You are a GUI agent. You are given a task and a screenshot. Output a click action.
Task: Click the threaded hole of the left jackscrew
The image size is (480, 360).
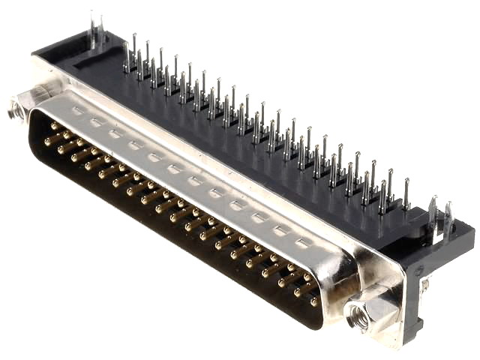click(x=13, y=113)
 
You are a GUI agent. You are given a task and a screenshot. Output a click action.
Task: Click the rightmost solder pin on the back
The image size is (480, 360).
click(x=406, y=193)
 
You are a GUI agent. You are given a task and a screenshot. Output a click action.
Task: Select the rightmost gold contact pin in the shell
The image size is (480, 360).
click(x=313, y=300)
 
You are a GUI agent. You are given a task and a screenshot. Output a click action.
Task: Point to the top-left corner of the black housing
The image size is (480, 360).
click(x=37, y=55)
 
